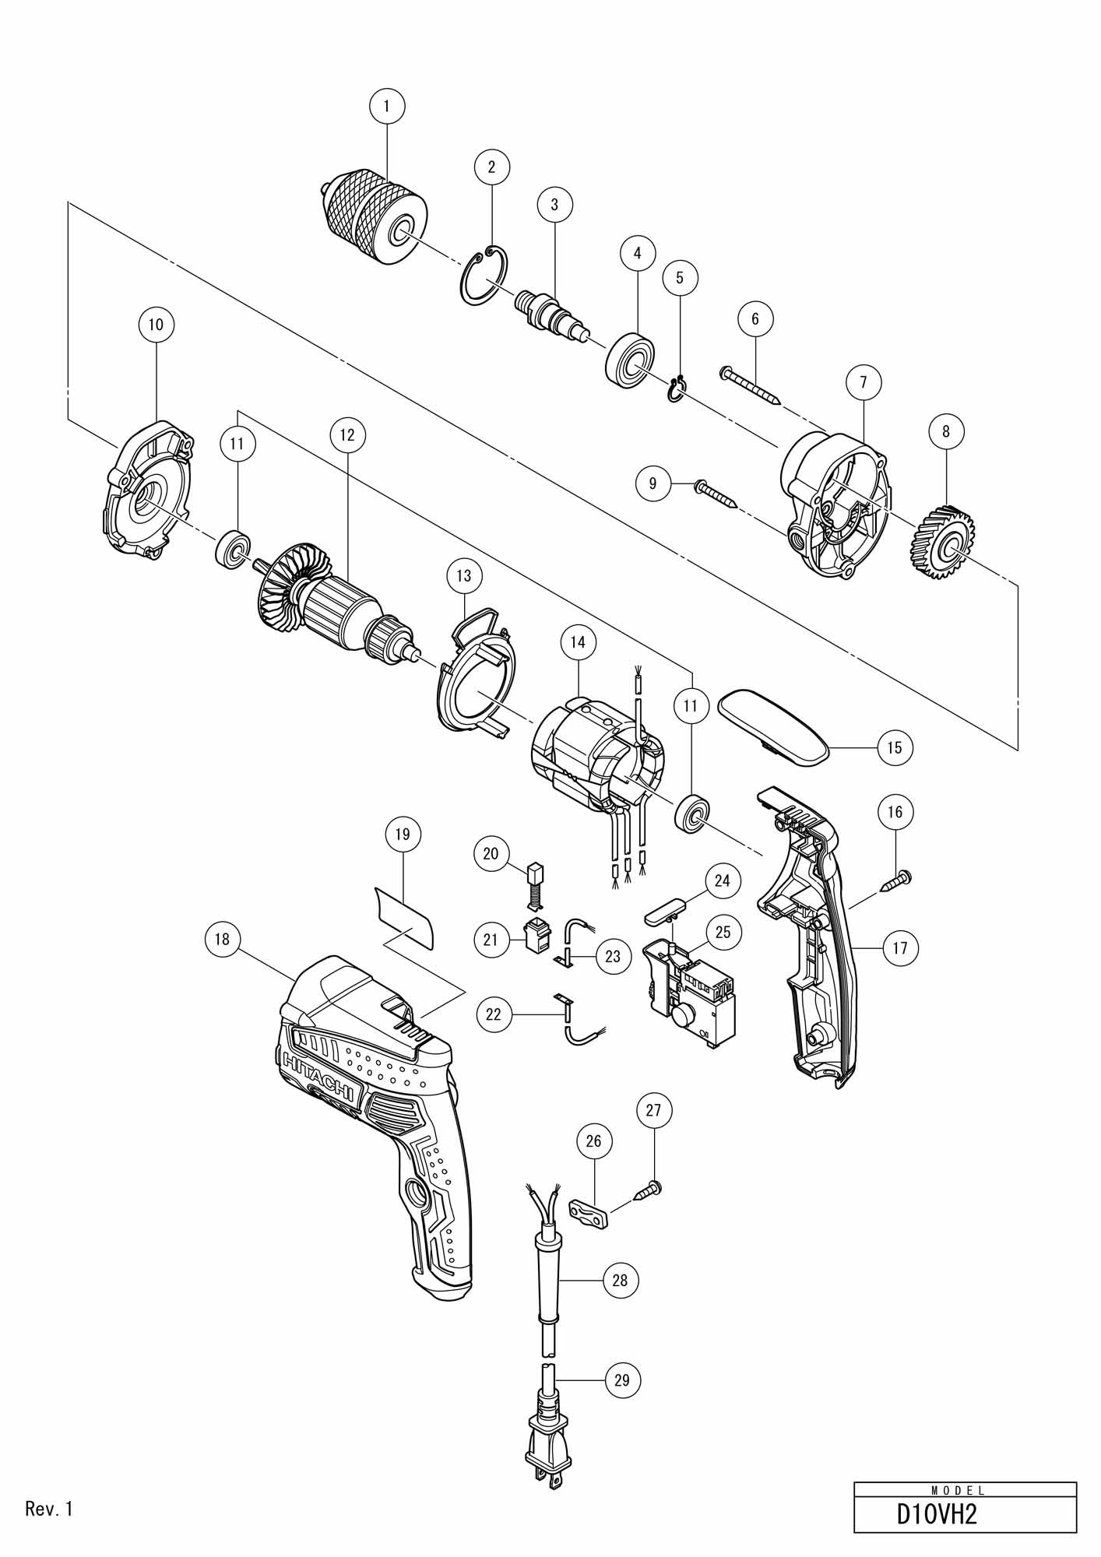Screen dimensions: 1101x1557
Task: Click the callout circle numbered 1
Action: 388,104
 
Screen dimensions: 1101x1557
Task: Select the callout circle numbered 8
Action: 946,431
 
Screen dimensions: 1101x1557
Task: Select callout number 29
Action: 621,1380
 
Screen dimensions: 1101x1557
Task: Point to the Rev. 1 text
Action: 49,1509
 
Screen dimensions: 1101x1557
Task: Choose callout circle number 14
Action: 577,642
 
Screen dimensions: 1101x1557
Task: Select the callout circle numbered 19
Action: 403,834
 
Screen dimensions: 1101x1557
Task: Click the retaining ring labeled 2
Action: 483,276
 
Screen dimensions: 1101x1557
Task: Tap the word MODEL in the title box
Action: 959,1491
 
